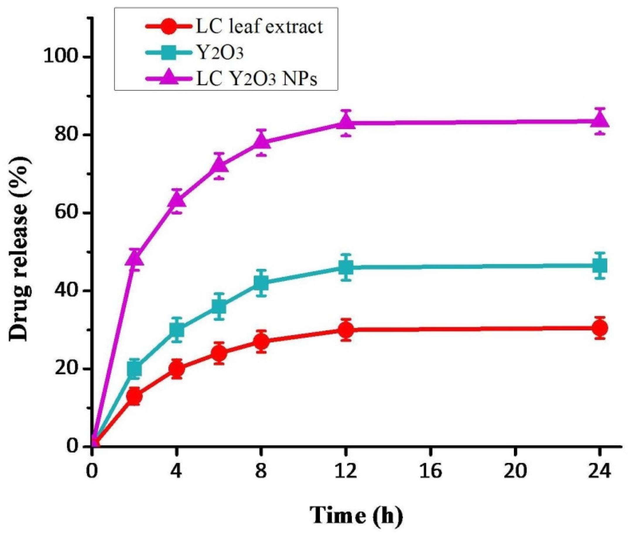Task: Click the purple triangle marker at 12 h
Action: click(346, 122)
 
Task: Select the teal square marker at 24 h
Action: click(600, 266)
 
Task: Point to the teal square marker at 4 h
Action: click(177, 330)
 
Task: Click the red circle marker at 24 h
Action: click(600, 328)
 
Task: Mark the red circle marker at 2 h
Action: click(135, 396)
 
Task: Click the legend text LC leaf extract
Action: click(259, 27)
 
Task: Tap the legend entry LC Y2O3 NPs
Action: click(257, 80)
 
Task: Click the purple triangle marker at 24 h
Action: click(600, 121)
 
